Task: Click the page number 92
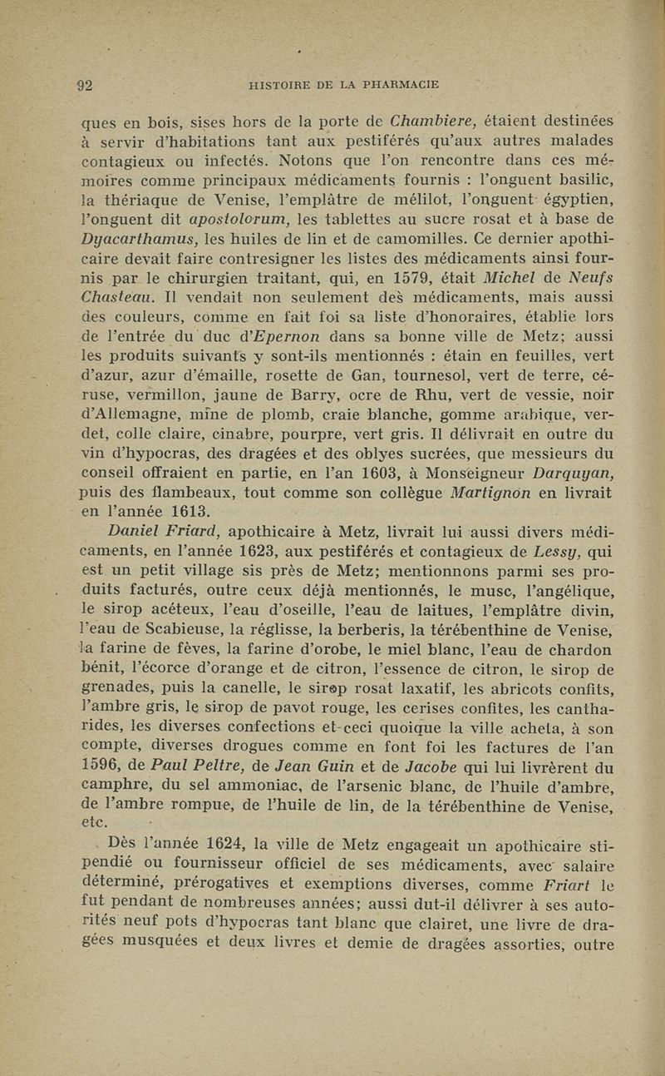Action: [x=85, y=83]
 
